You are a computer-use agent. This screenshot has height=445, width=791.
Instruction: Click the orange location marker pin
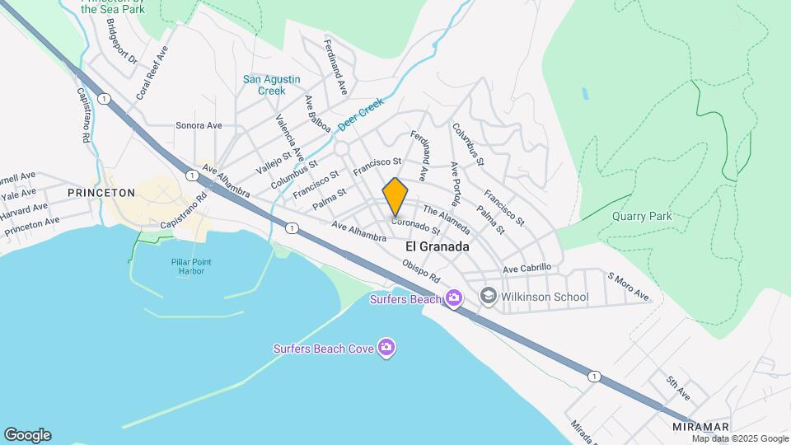(395, 197)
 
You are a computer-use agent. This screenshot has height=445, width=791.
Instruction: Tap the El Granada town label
(438, 246)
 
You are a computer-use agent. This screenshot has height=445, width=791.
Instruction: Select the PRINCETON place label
(101, 192)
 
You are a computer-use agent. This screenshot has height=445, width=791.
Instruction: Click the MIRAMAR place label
(700, 426)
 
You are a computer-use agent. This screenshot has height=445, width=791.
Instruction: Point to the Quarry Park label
(642, 216)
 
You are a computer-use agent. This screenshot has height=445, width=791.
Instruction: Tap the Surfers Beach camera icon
(453, 298)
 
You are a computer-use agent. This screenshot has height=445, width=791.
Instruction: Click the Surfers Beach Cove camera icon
(386, 348)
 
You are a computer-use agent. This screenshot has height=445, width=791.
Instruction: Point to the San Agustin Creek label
(271, 85)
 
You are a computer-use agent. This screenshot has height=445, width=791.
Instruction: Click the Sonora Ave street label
(199, 126)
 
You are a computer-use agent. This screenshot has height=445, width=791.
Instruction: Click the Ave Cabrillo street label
(526, 269)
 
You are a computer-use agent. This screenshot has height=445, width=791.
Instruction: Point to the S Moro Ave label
(629, 287)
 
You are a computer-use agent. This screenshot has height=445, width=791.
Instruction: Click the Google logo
(27, 435)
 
